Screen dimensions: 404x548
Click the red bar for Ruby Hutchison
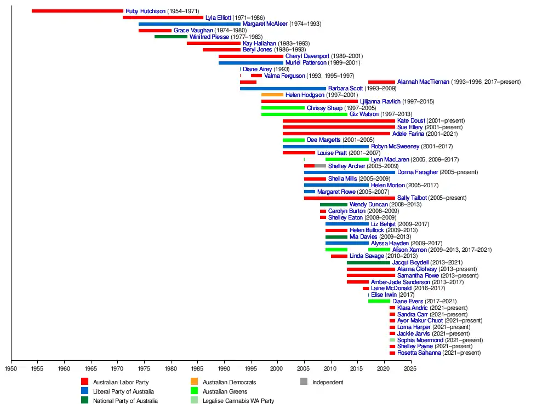coord(77,11)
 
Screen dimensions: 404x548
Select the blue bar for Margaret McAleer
coord(189,24)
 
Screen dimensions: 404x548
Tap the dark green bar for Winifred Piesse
coord(170,37)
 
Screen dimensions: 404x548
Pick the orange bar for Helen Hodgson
coord(272,95)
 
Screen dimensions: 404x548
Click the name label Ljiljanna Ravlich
coord(380,101)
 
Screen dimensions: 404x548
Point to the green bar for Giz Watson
coord(304,114)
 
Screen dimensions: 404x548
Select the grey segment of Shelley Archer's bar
coord(320,166)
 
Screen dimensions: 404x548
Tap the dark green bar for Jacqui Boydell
coord(368,263)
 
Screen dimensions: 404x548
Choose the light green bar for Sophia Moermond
coord(392,340)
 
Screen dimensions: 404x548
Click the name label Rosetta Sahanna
coord(419,353)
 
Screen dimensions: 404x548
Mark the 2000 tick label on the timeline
coord(277,368)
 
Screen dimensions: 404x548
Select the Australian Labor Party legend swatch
coord(85,382)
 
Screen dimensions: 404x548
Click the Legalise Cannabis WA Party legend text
coord(238,401)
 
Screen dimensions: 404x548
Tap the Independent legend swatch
coord(304,382)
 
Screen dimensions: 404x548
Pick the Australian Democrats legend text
coord(229,382)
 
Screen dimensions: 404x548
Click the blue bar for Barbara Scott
coord(283,88)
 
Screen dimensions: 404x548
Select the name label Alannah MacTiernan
coord(423,82)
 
